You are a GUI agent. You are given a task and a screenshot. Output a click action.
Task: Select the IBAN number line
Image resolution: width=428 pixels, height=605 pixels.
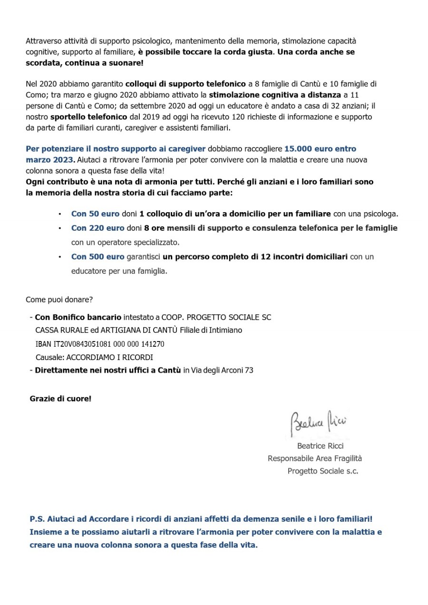click(100, 344)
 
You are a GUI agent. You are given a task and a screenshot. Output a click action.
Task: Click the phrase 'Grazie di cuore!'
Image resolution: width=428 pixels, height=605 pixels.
click(60, 398)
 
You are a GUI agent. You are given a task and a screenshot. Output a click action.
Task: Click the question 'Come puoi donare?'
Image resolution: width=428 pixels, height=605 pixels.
click(59, 300)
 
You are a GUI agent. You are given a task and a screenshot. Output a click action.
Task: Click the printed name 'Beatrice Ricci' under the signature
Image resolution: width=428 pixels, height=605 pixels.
click(320, 446)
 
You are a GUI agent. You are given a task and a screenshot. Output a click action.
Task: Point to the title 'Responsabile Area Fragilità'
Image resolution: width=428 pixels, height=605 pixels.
click(315, 459)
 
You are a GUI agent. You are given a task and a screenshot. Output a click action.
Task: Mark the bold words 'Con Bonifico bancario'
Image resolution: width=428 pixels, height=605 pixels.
click(78, 317)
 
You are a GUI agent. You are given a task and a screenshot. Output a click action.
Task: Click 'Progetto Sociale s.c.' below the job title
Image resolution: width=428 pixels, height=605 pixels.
click(323, 471)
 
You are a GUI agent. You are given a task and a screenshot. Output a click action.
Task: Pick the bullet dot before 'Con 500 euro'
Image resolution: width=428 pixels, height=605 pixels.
click(59, 257)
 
